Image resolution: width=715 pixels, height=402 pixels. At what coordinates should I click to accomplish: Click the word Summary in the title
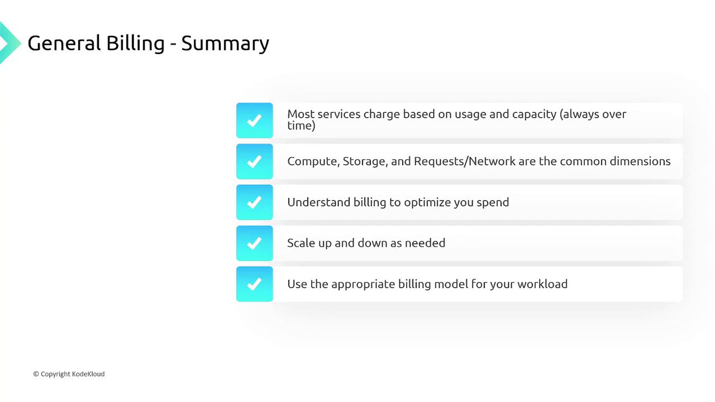click(x=225, y=44)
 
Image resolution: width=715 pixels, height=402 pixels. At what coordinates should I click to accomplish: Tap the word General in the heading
click(x=64, y=43)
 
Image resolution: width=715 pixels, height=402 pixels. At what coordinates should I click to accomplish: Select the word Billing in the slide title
click(x=135, y=44)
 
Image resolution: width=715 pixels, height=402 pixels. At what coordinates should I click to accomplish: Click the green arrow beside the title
click(x=9, y=43)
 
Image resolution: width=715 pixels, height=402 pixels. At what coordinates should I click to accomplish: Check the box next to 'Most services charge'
click(x=254, y=120)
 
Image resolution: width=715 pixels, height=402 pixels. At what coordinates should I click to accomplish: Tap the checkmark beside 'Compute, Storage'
click(x=254, y=161)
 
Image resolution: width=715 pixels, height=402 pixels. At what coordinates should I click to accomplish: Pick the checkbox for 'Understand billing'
click(x=254, y=202)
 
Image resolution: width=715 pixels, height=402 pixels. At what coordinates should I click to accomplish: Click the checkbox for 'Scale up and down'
click(x=254, y=243)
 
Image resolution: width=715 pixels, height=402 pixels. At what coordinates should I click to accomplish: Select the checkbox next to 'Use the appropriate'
click(x=254, y=284)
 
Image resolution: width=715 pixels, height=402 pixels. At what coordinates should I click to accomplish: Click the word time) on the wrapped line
click(x=301, y=126)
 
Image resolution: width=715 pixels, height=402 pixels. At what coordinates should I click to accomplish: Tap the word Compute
click(x=313, y=161)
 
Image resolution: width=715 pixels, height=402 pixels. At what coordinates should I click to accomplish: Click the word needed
click(x=425, y=243)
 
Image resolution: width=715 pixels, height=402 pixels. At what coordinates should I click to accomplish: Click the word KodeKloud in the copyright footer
click(x=88, y=374)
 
